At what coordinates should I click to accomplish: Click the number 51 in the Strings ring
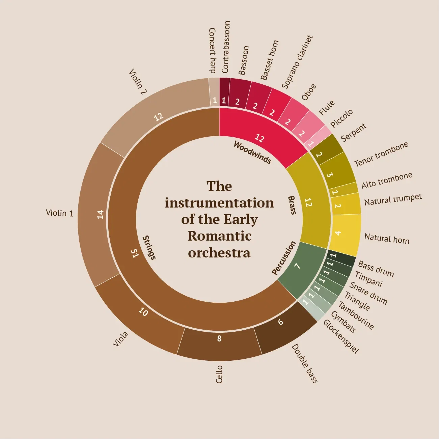(x=135, y=253)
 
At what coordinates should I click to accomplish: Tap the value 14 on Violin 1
(x=100, y=214)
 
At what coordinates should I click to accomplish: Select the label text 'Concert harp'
(x=212, y=51)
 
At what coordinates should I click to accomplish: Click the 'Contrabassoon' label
(x=226, y=47)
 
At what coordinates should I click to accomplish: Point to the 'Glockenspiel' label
(x=341, y=336)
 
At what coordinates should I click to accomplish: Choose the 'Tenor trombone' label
(x=381, y=154)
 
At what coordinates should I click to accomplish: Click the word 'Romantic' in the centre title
(x=219, y=236)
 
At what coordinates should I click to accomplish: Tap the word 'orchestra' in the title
(x=219, y=252)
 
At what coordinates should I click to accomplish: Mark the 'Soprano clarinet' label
(x=297, y=62)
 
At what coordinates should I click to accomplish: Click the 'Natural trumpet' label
(x=393, y=199)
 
